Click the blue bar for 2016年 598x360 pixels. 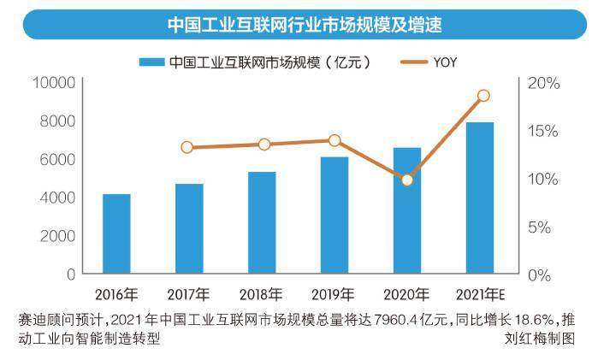(116, 233)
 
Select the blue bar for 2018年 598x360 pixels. (262, 222)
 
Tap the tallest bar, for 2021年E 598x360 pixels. (480, 198)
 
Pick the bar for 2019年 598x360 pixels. (335, 215)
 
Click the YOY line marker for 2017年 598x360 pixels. (187, 147)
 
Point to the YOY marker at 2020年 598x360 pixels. (407, 180)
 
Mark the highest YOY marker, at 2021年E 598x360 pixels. (483, 96)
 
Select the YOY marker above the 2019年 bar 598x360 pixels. (335, 140)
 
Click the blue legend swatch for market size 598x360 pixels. (151, 62)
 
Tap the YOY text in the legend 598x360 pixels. (445, 62)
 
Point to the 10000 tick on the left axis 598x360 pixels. (54, 82)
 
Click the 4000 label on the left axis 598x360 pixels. (57, 198)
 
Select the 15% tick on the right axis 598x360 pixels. (543, 131)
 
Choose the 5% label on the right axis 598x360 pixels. (539, 227)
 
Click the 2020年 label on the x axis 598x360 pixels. (406, 294)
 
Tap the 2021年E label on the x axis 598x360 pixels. (480, 294)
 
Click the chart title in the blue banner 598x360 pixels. (305, 25)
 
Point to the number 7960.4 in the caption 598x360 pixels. (395, 320)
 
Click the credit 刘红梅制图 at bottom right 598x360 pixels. (540, 338)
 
